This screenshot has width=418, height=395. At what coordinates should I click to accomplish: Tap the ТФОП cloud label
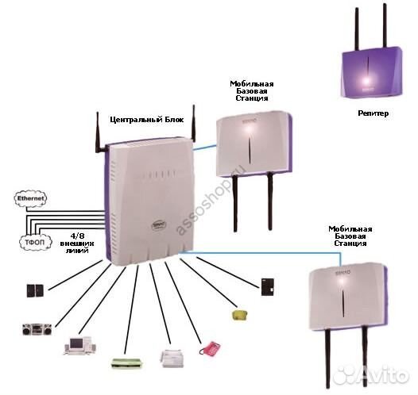(x=30, y=238)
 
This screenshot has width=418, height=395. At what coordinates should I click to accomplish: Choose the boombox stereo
(x=37, y=328)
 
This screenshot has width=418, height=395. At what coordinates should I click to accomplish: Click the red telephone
(x=209, y=347)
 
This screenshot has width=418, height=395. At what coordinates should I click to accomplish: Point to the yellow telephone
(x=238, y=315)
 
